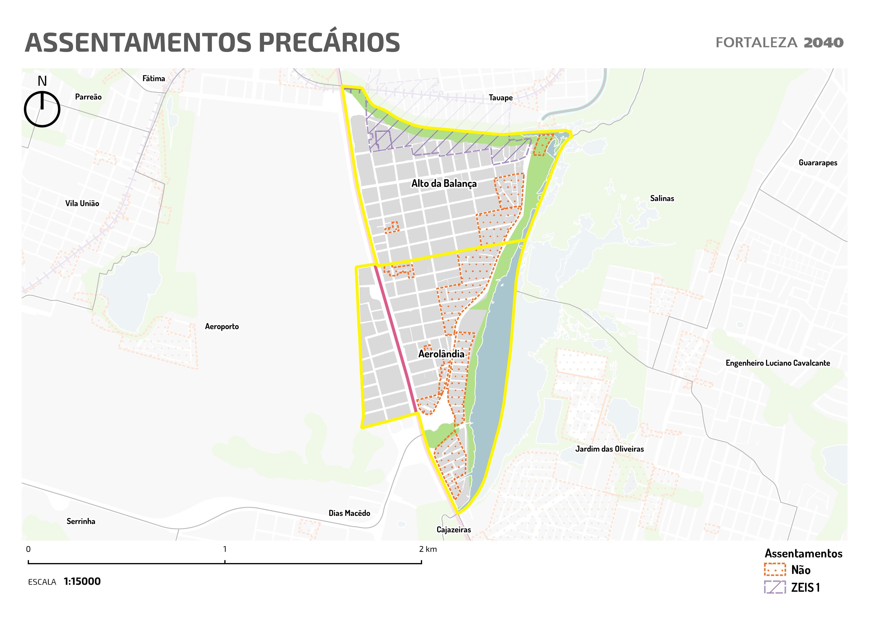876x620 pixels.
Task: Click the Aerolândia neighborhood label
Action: pyautogui.click(x=441, y=354)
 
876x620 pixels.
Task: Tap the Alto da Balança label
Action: pyautogui.click(x=444, y=184)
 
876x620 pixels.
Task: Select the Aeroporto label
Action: pyautogui.click(x=222, y=326)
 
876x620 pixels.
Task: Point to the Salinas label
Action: pyautogui.click(x=662, y=198)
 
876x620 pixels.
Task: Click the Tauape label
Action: pyautogui.click(x=501, y=98)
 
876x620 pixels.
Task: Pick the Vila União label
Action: pyautogui.click(x=82, y=203)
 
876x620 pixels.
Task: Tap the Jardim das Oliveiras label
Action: pyautogui.click(x=609, y=449)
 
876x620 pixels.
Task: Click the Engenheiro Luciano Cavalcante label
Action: pyautogui.click(x=778, y=363)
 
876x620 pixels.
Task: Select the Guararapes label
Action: pyautogui.click(x=818, y=163)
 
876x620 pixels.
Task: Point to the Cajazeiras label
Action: pyautogui.click(x=454, y=529)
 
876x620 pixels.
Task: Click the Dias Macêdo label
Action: pyautogui.click(x=349, y=513)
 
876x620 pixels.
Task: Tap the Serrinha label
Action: pyautogui.click(x=81, y=521)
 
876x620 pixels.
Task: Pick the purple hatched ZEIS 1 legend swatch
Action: pyautogui.click(x=775, y=587)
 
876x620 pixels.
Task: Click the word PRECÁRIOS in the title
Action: pyautogui.click(x=329, y=42)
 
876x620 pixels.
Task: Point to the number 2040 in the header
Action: pyautogui.click(x=823, y=43)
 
